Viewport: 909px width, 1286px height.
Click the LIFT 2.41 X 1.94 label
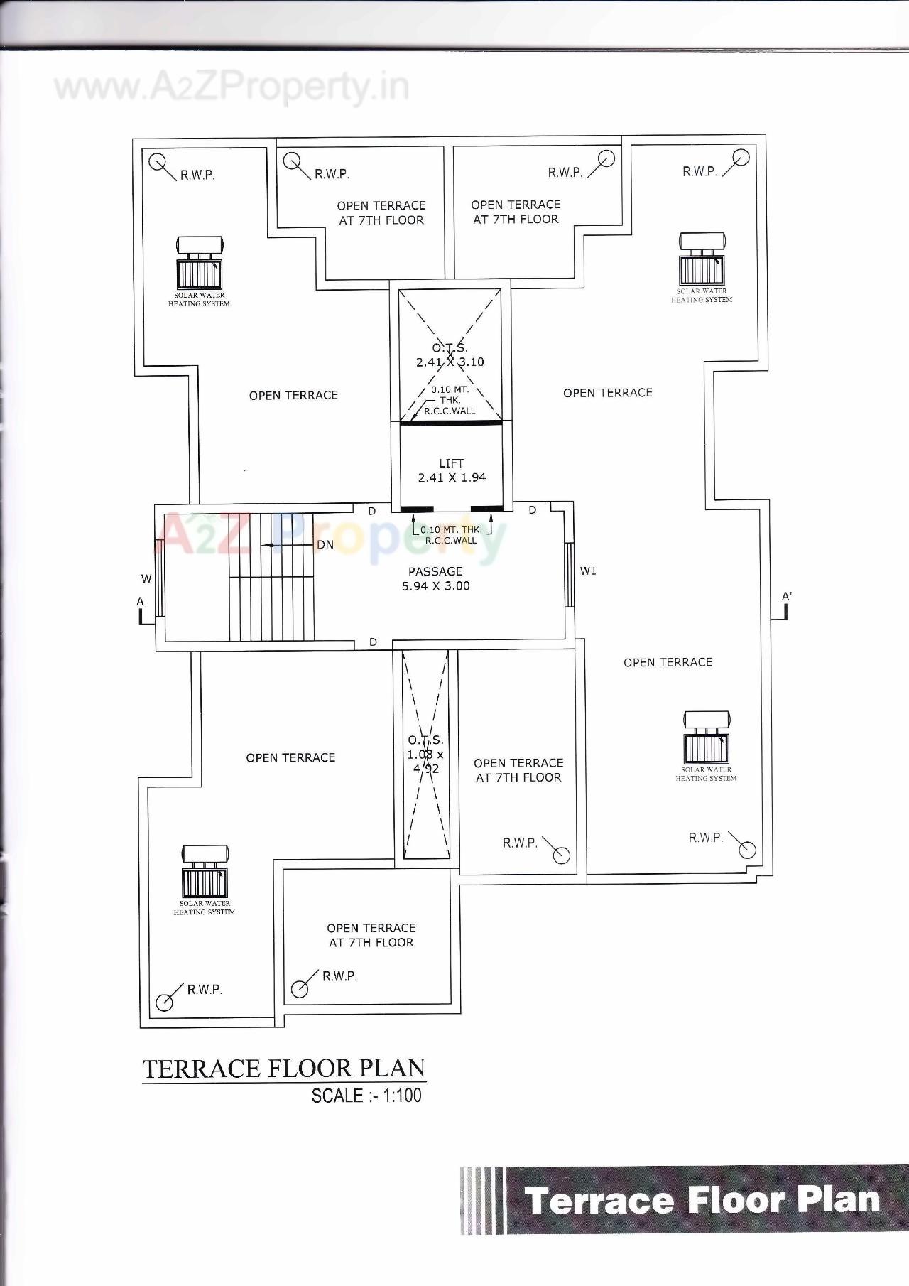pos(452,470)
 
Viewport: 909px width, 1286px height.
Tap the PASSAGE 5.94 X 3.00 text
pos(435,578)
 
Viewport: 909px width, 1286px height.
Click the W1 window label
pos(588,571)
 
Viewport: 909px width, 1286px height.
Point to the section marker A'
pos(785,598)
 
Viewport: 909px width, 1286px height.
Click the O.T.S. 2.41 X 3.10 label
pos(450,355)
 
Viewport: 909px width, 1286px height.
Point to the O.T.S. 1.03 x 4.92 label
pos(425,755)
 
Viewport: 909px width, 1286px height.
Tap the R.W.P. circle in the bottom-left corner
pos(165,1002)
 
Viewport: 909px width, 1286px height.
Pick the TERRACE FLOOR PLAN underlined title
pos(284,1069)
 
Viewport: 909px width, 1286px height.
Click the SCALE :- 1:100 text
pos(366,1096)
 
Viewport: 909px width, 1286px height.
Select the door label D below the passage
pos(373,642)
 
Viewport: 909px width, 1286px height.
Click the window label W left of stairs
pos(146,578)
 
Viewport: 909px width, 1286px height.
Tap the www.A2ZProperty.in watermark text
pos(232,87)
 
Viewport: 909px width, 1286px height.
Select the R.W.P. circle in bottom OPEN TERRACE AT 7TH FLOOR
pos(300,988)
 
